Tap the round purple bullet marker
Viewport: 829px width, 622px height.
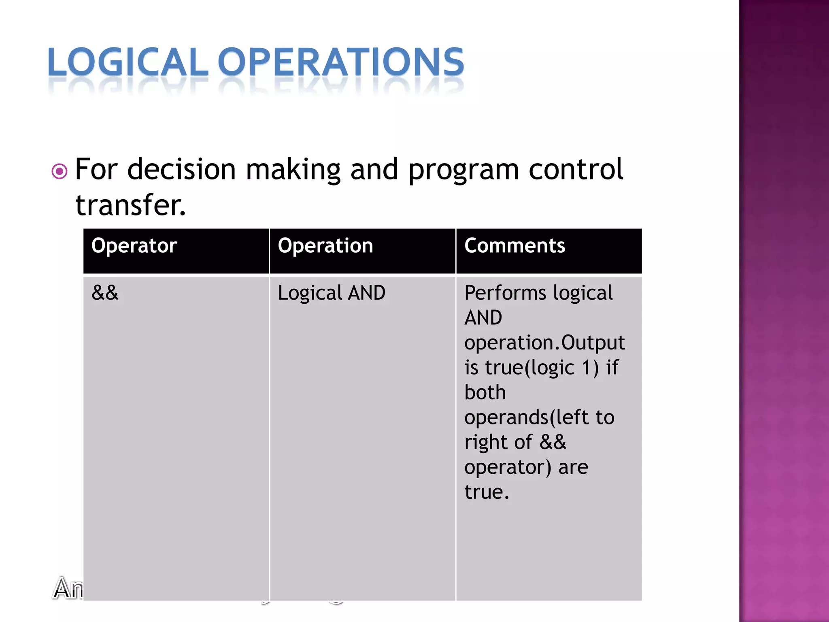point(60,171)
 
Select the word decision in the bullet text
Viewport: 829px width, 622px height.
point(181,169)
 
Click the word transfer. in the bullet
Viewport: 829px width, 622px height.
point(130,205)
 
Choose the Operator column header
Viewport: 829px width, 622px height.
point(134,246)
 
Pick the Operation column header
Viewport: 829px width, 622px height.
point(325,246)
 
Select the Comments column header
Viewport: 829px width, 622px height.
point(514,246)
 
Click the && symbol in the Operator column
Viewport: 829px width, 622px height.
point(105,292)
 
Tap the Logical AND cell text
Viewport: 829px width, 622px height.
point(332,293)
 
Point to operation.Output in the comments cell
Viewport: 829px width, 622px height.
point(544,343)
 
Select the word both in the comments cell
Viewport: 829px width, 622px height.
point(485,392)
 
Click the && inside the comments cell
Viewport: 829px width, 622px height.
point(553,442)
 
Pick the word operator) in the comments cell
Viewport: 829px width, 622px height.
point(508,467)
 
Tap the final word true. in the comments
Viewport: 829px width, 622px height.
point(487,492)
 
